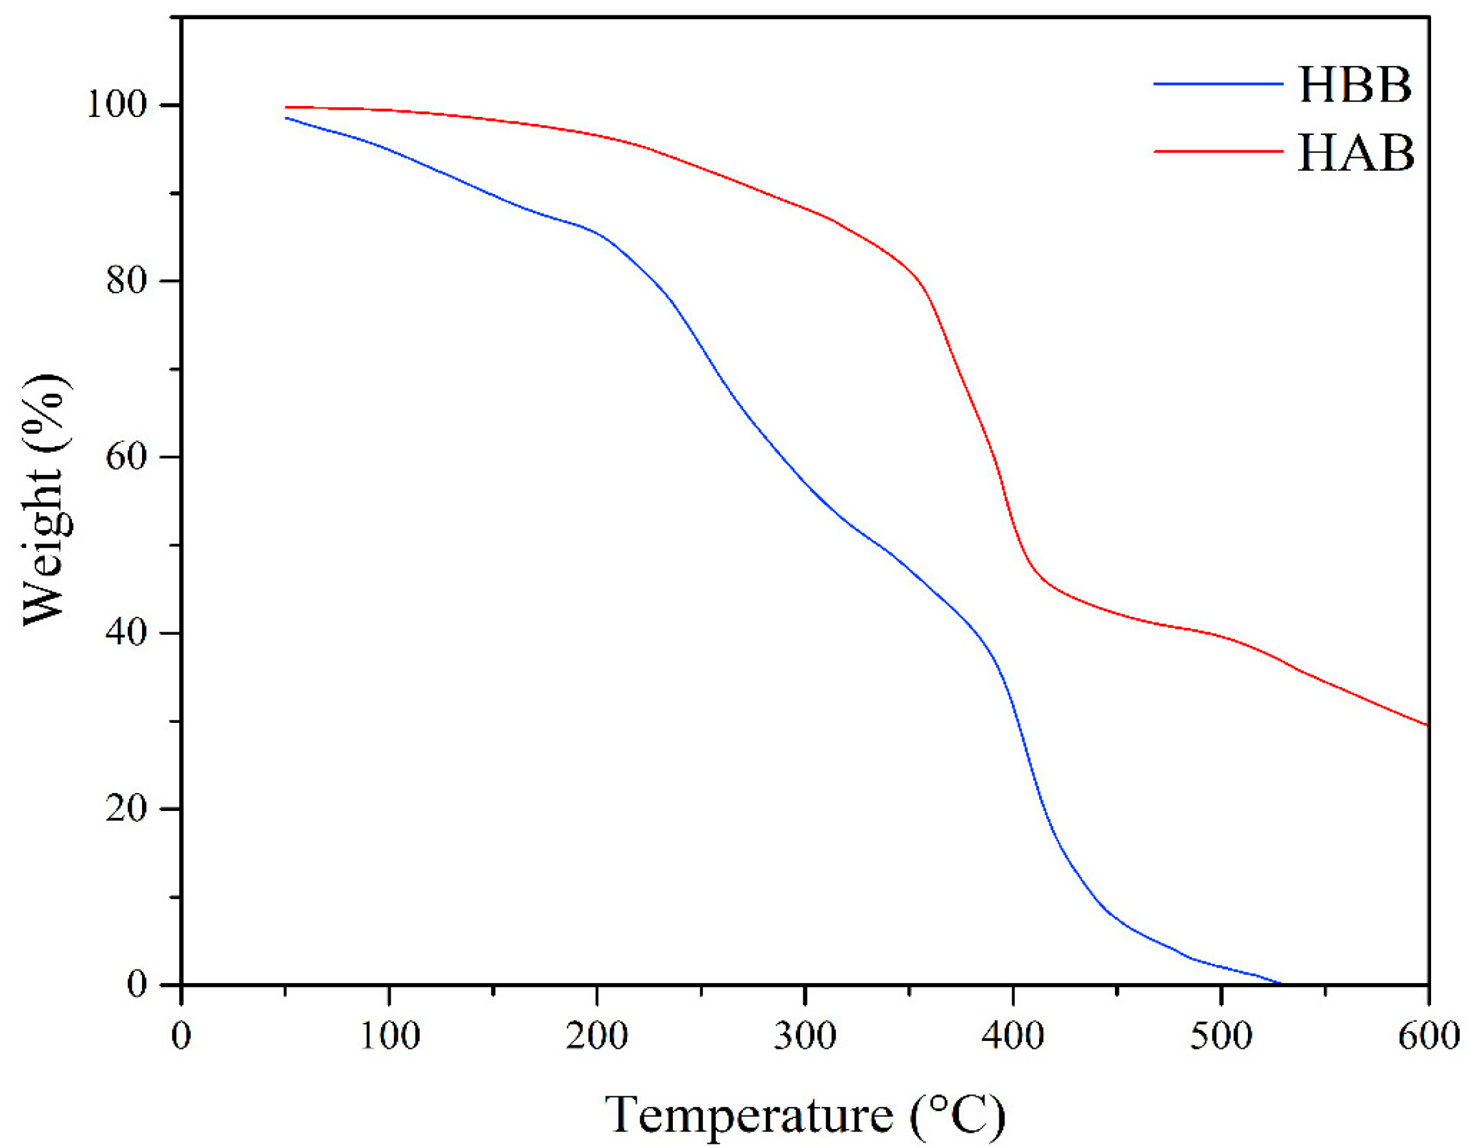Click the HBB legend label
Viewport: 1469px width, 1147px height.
[1355, 85]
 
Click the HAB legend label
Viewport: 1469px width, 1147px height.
[1355, 154]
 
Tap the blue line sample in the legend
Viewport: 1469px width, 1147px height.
[1218, 84]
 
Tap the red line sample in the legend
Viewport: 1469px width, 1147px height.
[1218, 152]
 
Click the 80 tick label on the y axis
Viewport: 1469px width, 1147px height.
[127, 281]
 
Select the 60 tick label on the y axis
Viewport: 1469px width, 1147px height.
[127, 457]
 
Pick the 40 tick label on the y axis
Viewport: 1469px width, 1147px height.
[127, 633]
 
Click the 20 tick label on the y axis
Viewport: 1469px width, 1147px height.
[127, 808]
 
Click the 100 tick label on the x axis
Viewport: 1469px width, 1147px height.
[389, 1036]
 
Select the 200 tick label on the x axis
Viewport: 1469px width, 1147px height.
[596, 1036]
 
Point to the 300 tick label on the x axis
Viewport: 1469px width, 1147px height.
[805, 1036]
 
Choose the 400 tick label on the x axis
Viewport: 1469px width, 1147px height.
[1012, 1036]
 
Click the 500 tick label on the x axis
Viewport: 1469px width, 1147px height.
[1220, 1036]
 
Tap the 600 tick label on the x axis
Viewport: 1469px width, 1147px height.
[1428, 1036]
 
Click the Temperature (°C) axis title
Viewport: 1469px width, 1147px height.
[805, 1113]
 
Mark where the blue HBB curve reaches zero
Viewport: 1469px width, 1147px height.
[1280, 984]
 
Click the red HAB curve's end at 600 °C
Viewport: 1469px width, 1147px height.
[1427, 725]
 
